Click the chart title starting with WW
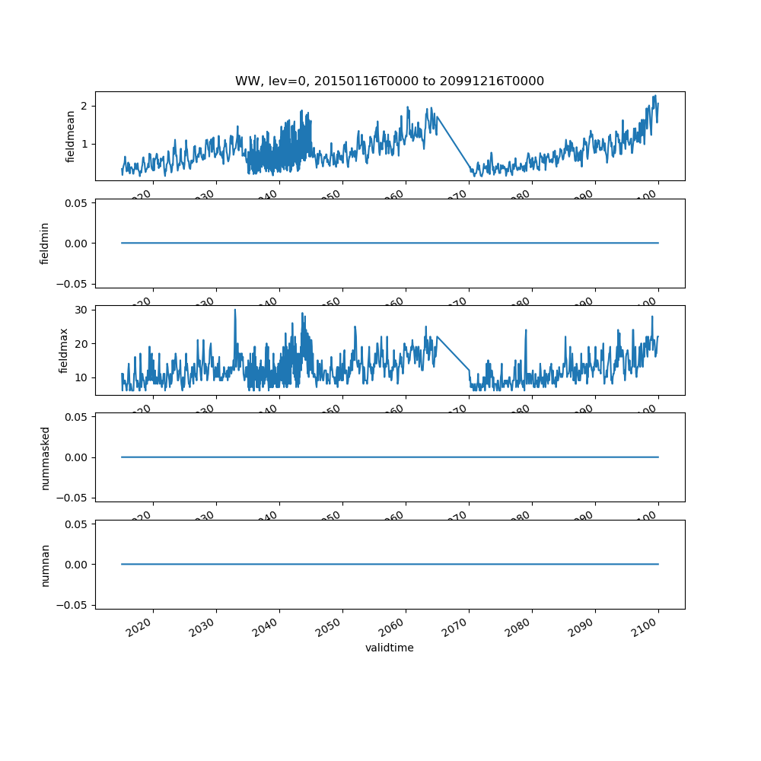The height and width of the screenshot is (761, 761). [x=389, y=81]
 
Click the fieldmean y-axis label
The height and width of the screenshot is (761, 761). [x=71, y=136]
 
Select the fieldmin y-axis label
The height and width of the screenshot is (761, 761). [x=45, y=244]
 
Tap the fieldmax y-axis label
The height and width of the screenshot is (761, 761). [x=64, y=350]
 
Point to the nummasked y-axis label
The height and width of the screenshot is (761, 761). [x=45, y=457]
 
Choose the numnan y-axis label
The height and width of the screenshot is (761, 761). [x=45, y=565]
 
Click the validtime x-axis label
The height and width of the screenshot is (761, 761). [x=389, y=648]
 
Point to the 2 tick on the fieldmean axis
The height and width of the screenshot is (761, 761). [x=84, y=106]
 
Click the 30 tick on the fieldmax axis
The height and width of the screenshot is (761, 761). [x=81, y=310]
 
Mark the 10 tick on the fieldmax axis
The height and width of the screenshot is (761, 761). [x=81, y=377]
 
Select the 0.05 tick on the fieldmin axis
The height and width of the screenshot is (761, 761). [x=74, y=203]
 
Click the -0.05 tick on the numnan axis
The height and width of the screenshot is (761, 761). [x=72, y=605]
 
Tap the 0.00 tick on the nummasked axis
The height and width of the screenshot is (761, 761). [x=74, y=457]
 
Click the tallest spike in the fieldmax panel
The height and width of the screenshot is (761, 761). [x=234, y=310]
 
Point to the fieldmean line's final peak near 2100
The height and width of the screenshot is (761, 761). [x=655, y=97]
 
